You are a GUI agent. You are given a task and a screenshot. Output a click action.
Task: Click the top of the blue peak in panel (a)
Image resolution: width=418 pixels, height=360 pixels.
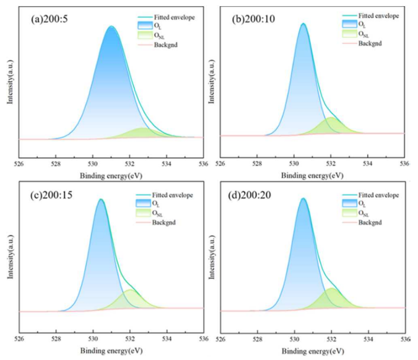[x=111, y=27]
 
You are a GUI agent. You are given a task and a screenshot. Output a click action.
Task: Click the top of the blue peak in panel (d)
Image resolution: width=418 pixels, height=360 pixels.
[x=303, y=200]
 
